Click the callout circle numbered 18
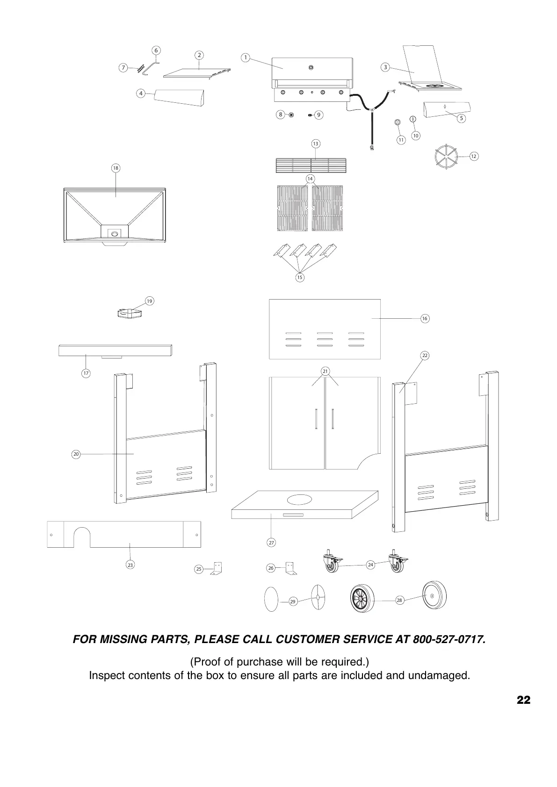click(116, 168)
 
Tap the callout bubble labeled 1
click(246, 57)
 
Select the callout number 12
click(473, 156)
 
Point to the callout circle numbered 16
click(424, 319)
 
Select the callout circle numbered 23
click(130, 565)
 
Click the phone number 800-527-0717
click(449, 639)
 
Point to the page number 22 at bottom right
click(524, 700)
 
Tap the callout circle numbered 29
click(293, 601)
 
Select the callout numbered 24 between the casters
click(370, 565)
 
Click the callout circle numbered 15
click(300, 278)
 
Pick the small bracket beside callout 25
click(216, 568)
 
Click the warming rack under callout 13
click(311, 165)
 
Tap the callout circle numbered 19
click(149, 301)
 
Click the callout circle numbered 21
click(325, 372)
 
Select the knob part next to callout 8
click(291, 114)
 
